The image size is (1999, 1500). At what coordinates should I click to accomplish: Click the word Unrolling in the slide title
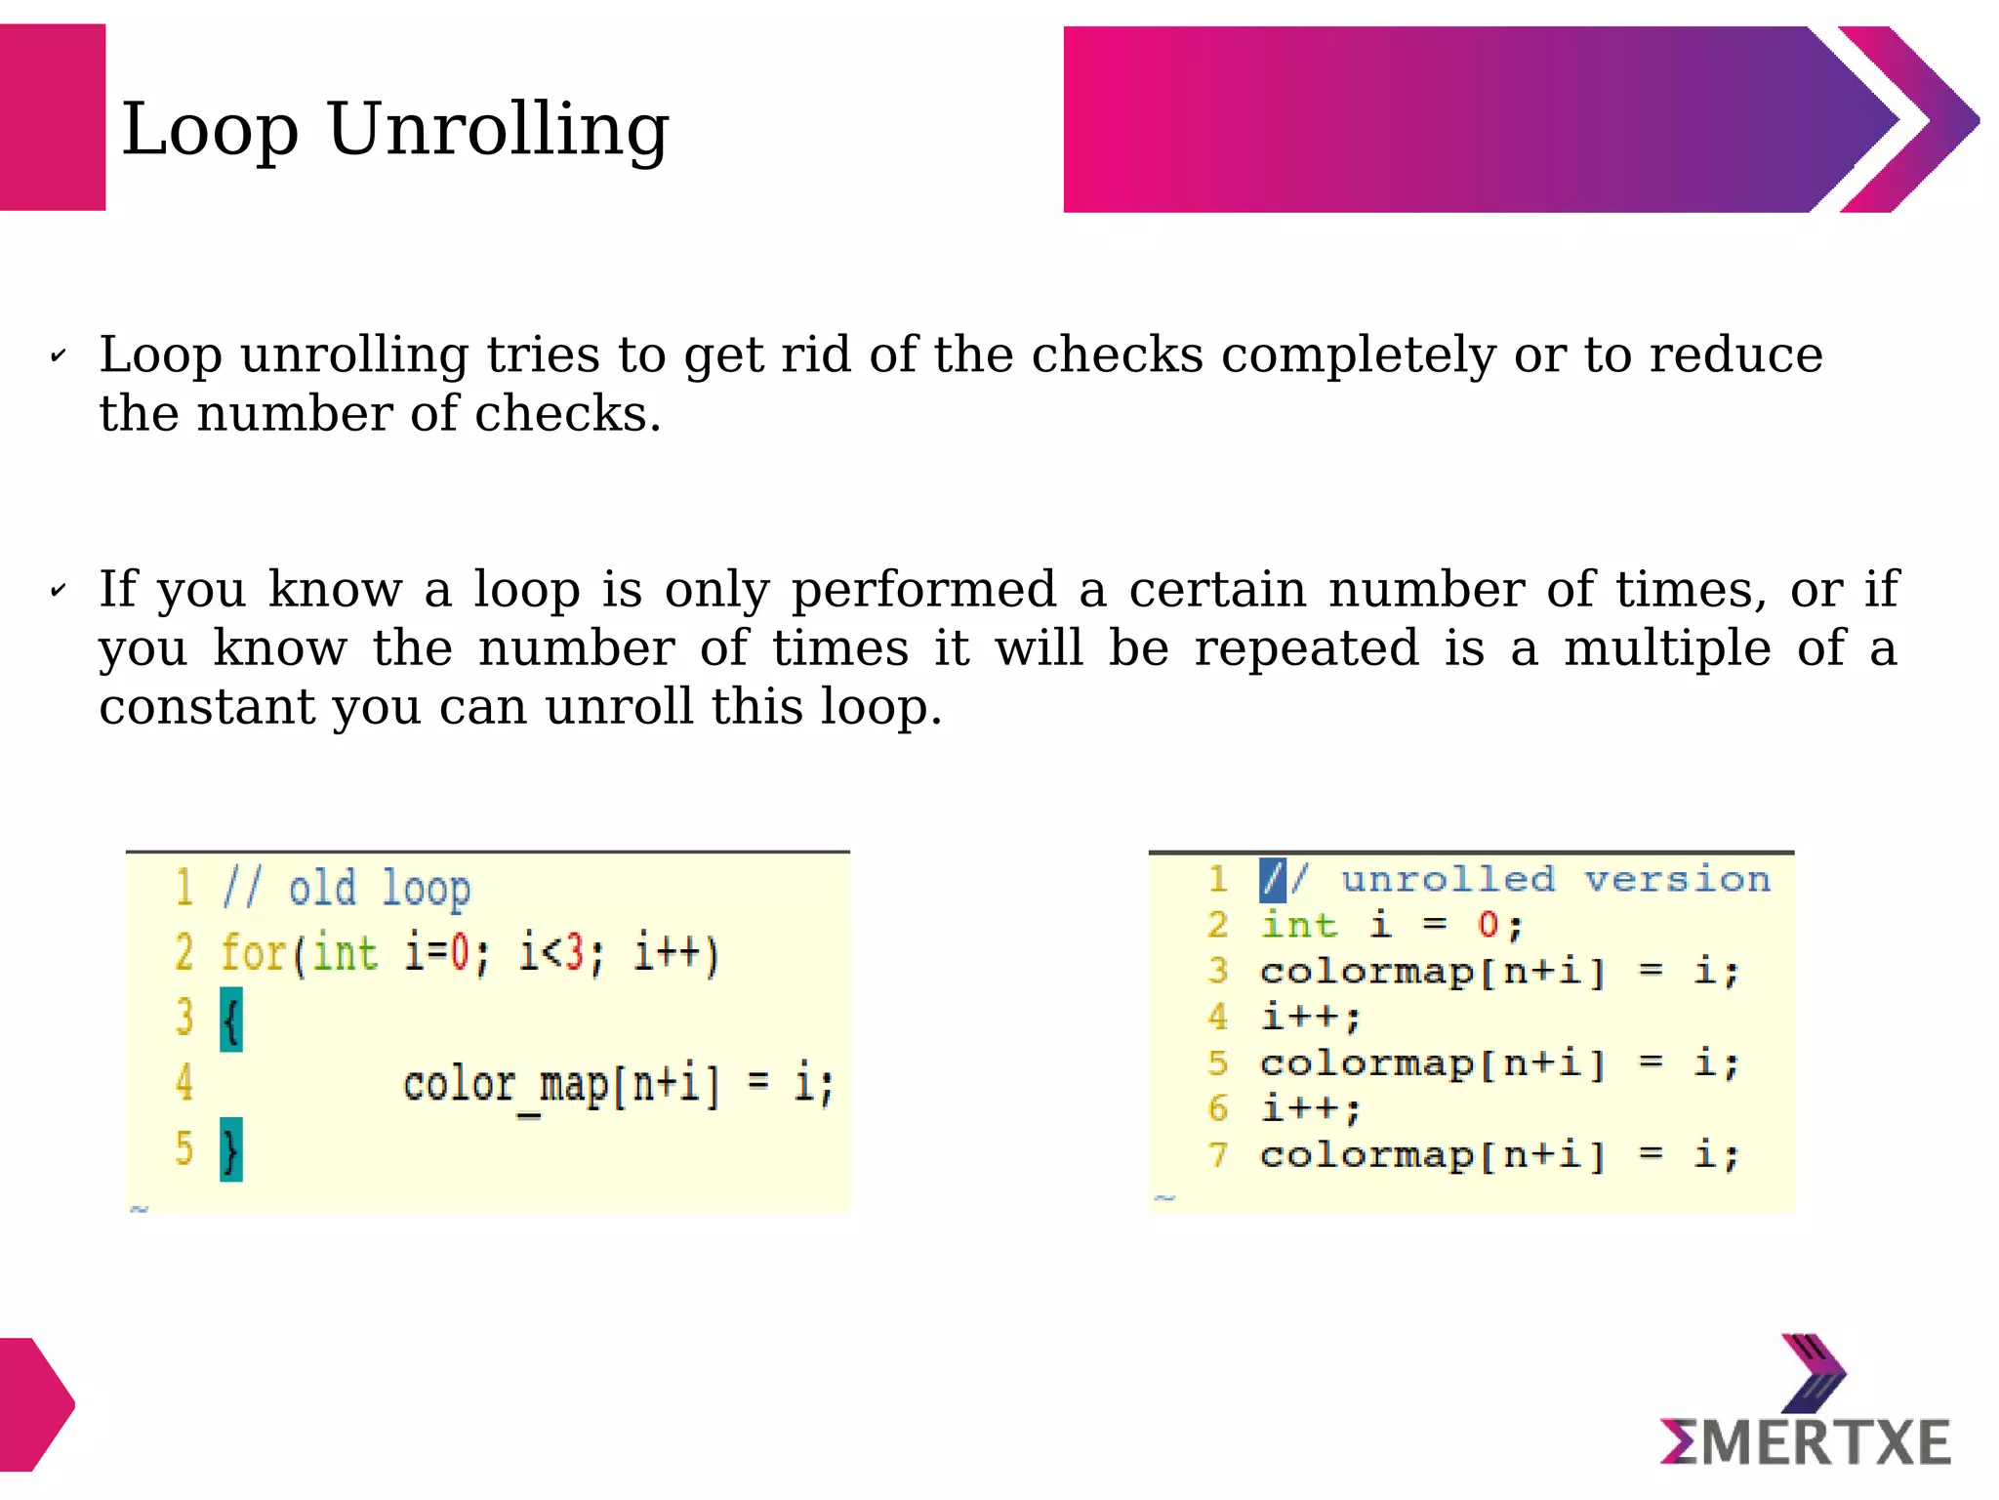tap(498, 130)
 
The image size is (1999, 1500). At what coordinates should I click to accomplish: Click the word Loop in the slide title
tap(209, 130)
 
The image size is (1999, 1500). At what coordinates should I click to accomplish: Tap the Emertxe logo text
tap(1806, 1443)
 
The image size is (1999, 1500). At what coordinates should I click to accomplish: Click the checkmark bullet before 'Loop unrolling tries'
tap(59, 356)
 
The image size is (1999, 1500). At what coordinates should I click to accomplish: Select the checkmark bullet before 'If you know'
tap(59, 591)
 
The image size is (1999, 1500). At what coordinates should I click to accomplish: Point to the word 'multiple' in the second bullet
tap(1666, 647)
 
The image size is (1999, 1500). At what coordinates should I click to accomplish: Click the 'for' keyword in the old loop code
tap(252, 953)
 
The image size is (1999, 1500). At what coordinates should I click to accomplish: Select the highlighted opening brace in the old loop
tap(231, 1020)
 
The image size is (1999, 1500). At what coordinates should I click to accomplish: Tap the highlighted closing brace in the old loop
tap(231, 1150)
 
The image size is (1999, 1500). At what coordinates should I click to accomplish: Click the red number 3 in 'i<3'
tap(575, 953)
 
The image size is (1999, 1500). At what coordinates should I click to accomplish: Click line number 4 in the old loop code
tap(184, 1083)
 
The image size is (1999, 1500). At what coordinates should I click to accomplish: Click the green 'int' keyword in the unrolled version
tap(1298, 925)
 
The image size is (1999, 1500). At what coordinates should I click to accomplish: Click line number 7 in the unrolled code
tap(1217, 1155)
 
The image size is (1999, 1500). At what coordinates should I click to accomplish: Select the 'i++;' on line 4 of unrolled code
tap(1310, 1017)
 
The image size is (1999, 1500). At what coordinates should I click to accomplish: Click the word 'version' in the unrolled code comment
tap(1676, 879)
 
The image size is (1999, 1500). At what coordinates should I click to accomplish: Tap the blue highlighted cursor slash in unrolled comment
tap(1272, 879)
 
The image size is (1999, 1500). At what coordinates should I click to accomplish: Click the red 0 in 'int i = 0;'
tap(1488, 925)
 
